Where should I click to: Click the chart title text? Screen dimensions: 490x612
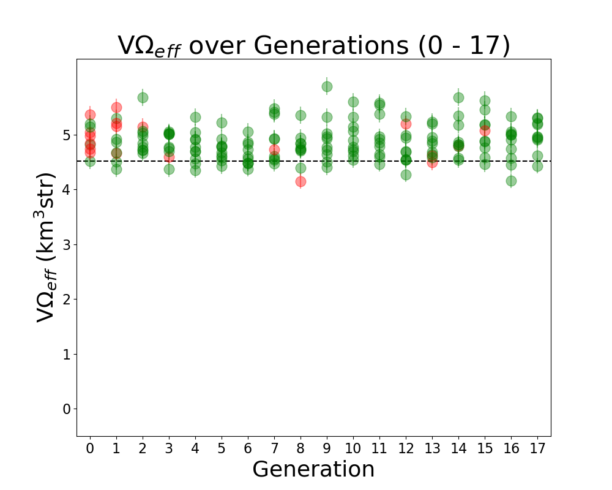pyautogui.click(x=313, y=46)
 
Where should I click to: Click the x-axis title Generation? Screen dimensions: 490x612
pyautogui.click(x=313, y=469)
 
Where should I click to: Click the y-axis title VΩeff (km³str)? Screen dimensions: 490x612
pyautogui.click(x=46, y=247)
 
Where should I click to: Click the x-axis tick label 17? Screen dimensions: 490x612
pyautogui.click(x=537, y=448)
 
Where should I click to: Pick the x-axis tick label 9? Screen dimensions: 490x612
pyautogui.click(x=327, y=448)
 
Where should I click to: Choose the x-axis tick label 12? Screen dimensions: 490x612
pyautogui.click(x=406, y=448)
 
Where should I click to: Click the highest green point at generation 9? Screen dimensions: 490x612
pyautogui.click(x=327, y=87)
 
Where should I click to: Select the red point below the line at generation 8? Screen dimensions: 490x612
pyautogui.click(x=300, y=181)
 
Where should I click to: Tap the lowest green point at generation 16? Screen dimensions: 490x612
pyautogui.click(x=511, y=181)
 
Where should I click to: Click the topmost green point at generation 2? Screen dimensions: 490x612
pyautogui.click(x=143, y=97)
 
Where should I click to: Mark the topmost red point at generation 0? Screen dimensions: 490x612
pyautogui.click(x=90, y=115)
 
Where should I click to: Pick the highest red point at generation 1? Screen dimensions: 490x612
pyautogui.click(x=116, y=108)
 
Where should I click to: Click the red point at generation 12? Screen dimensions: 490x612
pyautogui.click(x=406, y=124)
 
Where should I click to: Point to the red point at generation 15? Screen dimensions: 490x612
pyautogui.click(x=485, y=130)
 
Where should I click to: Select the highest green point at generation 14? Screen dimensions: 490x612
pyautogui.click(x=458, y=97)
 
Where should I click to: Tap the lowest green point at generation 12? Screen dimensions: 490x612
pyautogui.click(x=406, y=175)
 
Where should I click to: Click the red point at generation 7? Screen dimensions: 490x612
pyautogui.click(x=274, y=149)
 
